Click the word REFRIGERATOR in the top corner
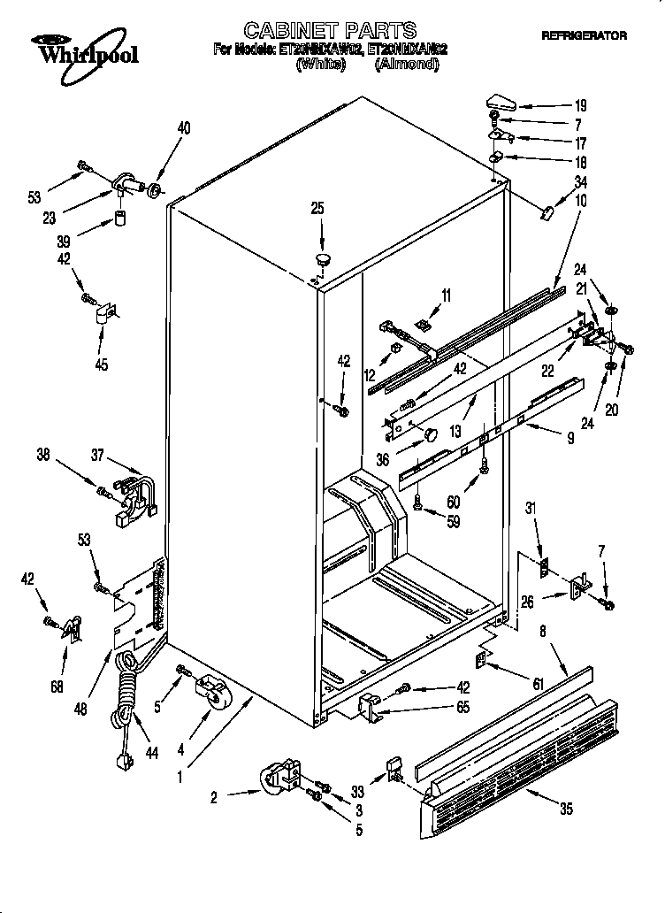click(x=584, y=36)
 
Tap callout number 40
click(x=183, y=127)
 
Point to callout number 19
click(x=580, y=105)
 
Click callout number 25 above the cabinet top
click(x=317, y=208)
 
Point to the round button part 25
click(x=321, y=259)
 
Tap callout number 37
click(x=98, y=456)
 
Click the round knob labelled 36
click(x=429, y=435)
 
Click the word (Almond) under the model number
click(x=406, y=65)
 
